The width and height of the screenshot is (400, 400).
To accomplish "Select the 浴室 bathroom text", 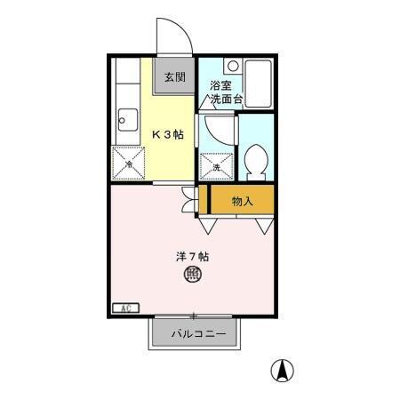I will tap(220, 86).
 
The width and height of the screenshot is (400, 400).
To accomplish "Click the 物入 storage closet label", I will tap(242, 201).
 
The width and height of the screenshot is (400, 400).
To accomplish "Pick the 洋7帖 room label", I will tap(192, 256).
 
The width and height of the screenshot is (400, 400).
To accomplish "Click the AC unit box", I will tap(124, 308).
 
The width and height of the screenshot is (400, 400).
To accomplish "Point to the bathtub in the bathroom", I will tap(259, 83).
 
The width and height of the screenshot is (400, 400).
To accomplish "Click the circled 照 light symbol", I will tap(192, 276).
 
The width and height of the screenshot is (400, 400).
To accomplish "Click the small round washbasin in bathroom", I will tap(232, 66).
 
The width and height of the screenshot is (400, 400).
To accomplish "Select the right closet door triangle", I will tap(263, 226).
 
